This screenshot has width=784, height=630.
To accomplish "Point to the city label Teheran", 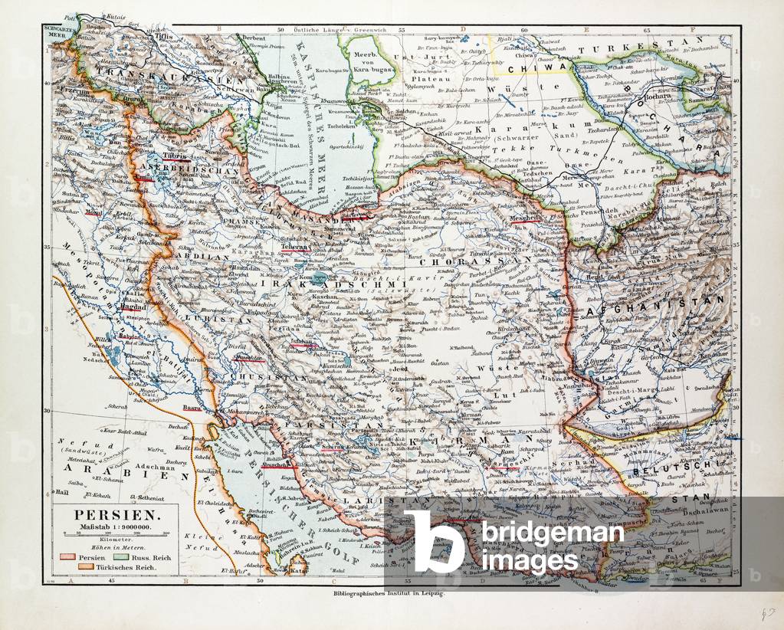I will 296,247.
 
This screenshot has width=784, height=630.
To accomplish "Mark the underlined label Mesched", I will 524,217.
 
